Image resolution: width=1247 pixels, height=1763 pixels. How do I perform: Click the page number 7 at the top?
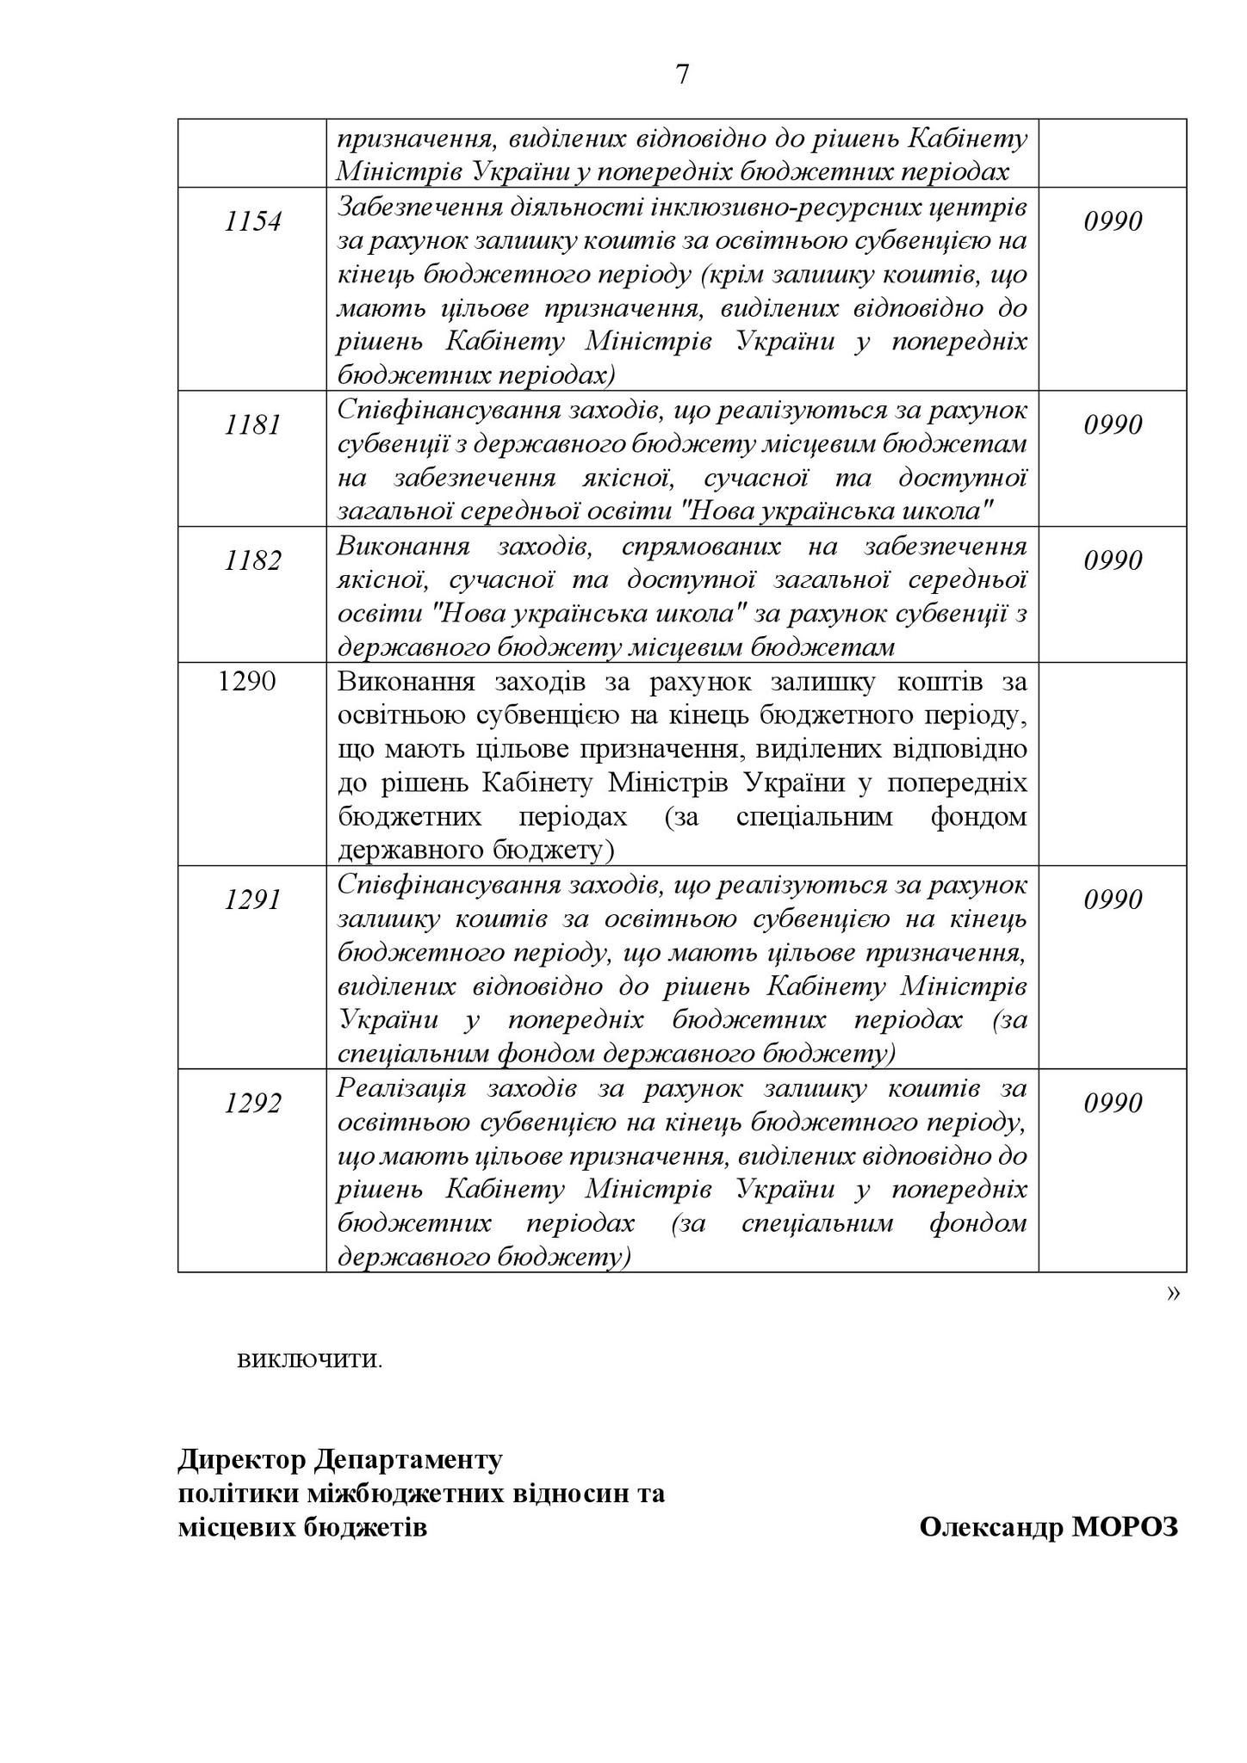(682, 76)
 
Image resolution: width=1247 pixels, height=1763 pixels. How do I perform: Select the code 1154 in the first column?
(252, 222)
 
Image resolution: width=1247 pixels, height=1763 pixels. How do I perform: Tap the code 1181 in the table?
(252, 425)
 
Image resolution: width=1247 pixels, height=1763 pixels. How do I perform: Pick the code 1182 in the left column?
(252, 561)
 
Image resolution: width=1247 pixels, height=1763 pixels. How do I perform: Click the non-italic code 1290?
(247, 682)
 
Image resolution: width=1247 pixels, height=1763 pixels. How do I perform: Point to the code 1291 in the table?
(252, 900)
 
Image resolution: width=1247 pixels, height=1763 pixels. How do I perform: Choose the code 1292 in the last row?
(252, 1104)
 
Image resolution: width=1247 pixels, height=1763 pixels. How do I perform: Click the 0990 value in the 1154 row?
(1113, 222)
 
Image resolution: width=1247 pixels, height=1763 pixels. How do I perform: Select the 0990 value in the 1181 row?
(1113, 425)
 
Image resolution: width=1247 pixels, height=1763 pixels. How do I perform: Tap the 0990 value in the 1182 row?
(1113, 561)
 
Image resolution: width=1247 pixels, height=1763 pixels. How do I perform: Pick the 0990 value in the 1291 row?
(1113, 900)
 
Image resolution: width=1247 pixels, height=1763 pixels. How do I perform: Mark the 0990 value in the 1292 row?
(1113, 1104)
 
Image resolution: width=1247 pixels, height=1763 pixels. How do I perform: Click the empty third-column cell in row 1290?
(1113, 764)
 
